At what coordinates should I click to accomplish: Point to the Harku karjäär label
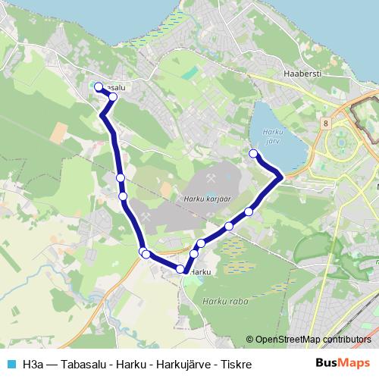click(x=206, y=199)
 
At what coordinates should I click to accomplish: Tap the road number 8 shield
click(x=325, y=123)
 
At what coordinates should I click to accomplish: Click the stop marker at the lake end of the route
click(x=253, y=154)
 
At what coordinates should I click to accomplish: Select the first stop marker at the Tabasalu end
click(x=98, y=86)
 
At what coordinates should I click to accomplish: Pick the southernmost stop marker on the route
click(x=180, y=269)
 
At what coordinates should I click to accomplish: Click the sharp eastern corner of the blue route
click(x=282, y=177)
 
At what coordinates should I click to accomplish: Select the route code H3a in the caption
click(x=33, y=364)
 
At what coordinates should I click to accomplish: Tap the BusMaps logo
click(x=343, y=363)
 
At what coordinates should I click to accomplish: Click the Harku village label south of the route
click(x=200, y=271)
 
